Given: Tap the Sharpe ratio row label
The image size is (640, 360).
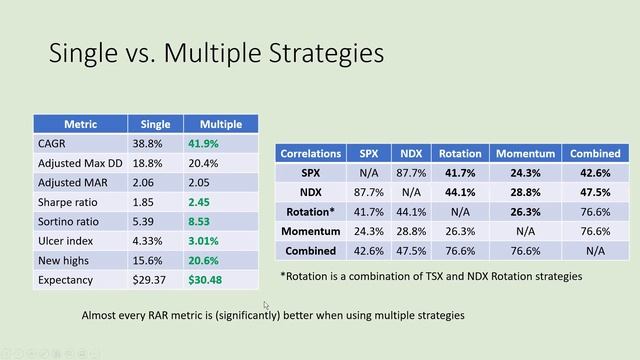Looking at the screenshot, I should pos(66,201).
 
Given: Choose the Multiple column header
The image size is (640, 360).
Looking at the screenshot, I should pos(220,124).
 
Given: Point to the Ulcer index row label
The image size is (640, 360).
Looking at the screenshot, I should pos(64,240).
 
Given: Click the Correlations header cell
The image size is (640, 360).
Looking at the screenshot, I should pos(310,154).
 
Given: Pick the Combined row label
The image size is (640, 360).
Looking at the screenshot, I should pos(310,250).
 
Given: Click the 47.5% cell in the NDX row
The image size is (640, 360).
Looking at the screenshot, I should pos(595,192).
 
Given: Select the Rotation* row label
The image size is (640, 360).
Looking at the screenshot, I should pos(310,211).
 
